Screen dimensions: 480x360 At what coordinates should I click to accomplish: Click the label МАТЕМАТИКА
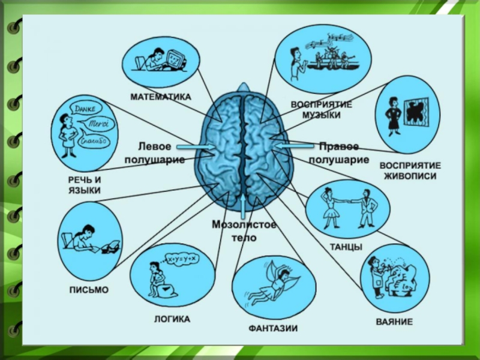coord(161,97)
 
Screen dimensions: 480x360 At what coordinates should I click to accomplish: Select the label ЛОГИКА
coord(172,319)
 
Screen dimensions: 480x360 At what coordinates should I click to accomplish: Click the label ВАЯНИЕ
coord(394,322)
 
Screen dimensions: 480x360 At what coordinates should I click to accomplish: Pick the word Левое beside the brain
coord(155,146)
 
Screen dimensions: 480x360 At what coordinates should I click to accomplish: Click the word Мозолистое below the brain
coord(244,225)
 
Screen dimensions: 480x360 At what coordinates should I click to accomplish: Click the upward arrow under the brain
coord(242,206)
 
